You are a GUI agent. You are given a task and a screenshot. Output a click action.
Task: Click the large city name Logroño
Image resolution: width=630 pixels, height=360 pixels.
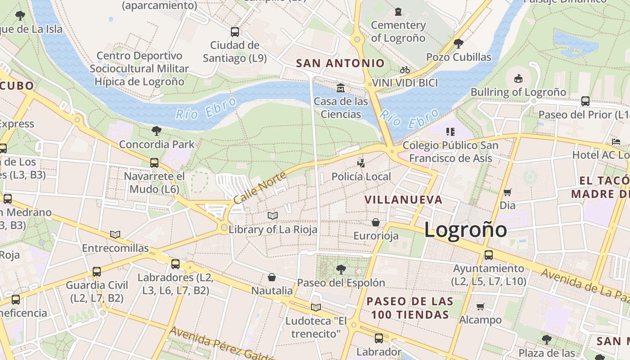[x=465, y=230]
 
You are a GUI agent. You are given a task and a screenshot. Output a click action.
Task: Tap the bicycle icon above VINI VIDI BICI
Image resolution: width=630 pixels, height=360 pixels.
[x=405, y=70]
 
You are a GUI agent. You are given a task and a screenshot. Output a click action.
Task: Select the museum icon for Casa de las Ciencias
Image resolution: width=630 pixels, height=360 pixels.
[x=341, y=87]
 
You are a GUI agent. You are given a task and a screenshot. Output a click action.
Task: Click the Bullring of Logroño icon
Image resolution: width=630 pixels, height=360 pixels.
[x=518, y=78]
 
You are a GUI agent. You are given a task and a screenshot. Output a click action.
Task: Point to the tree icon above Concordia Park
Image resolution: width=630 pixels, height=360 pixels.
[x=157, y=131]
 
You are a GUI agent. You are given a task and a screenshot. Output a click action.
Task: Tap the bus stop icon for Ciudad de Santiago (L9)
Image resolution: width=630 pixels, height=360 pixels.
[x=234, y=31]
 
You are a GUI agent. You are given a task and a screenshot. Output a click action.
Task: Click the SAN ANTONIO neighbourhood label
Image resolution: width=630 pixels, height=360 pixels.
[x=340, y=63]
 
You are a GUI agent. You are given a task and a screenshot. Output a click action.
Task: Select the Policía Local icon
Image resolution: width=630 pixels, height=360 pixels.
[x=361, y=162]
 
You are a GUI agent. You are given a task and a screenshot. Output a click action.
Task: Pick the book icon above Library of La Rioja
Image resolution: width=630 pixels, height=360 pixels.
[x=273, y=216]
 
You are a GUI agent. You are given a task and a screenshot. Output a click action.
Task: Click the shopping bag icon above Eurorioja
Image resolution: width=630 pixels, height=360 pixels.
[x=376, y=222]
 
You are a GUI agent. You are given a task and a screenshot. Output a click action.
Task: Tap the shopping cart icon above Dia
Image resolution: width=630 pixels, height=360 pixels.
[x=508, y=192]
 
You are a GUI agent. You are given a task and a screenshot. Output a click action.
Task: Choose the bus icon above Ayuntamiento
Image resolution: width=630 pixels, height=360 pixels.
[x=489, y=255]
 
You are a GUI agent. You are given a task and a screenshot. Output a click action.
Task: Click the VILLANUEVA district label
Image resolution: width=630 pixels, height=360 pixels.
[x=403, y=199]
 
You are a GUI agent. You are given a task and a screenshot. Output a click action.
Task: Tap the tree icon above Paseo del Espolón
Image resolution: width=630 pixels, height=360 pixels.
[x=341, y=270]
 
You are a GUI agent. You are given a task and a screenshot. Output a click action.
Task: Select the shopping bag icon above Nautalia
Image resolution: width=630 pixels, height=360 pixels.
[x=272, y=277]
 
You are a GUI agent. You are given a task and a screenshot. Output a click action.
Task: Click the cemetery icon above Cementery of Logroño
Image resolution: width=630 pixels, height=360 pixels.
[x=398, y=12]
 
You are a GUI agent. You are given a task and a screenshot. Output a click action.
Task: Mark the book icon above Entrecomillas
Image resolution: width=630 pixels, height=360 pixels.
[x=115, y=234]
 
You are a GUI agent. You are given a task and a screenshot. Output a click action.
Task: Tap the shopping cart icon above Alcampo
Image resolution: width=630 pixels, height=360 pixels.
[x=481, y=306]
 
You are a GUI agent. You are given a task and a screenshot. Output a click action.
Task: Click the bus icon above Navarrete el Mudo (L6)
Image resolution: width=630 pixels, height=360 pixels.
[x=154, y=162]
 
